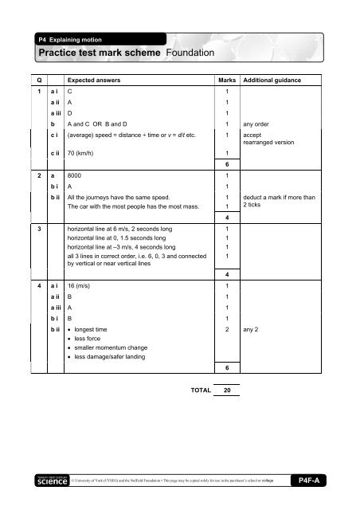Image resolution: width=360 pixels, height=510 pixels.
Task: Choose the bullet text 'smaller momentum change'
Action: [113, 347]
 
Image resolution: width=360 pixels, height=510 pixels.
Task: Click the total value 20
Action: [228, 390]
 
